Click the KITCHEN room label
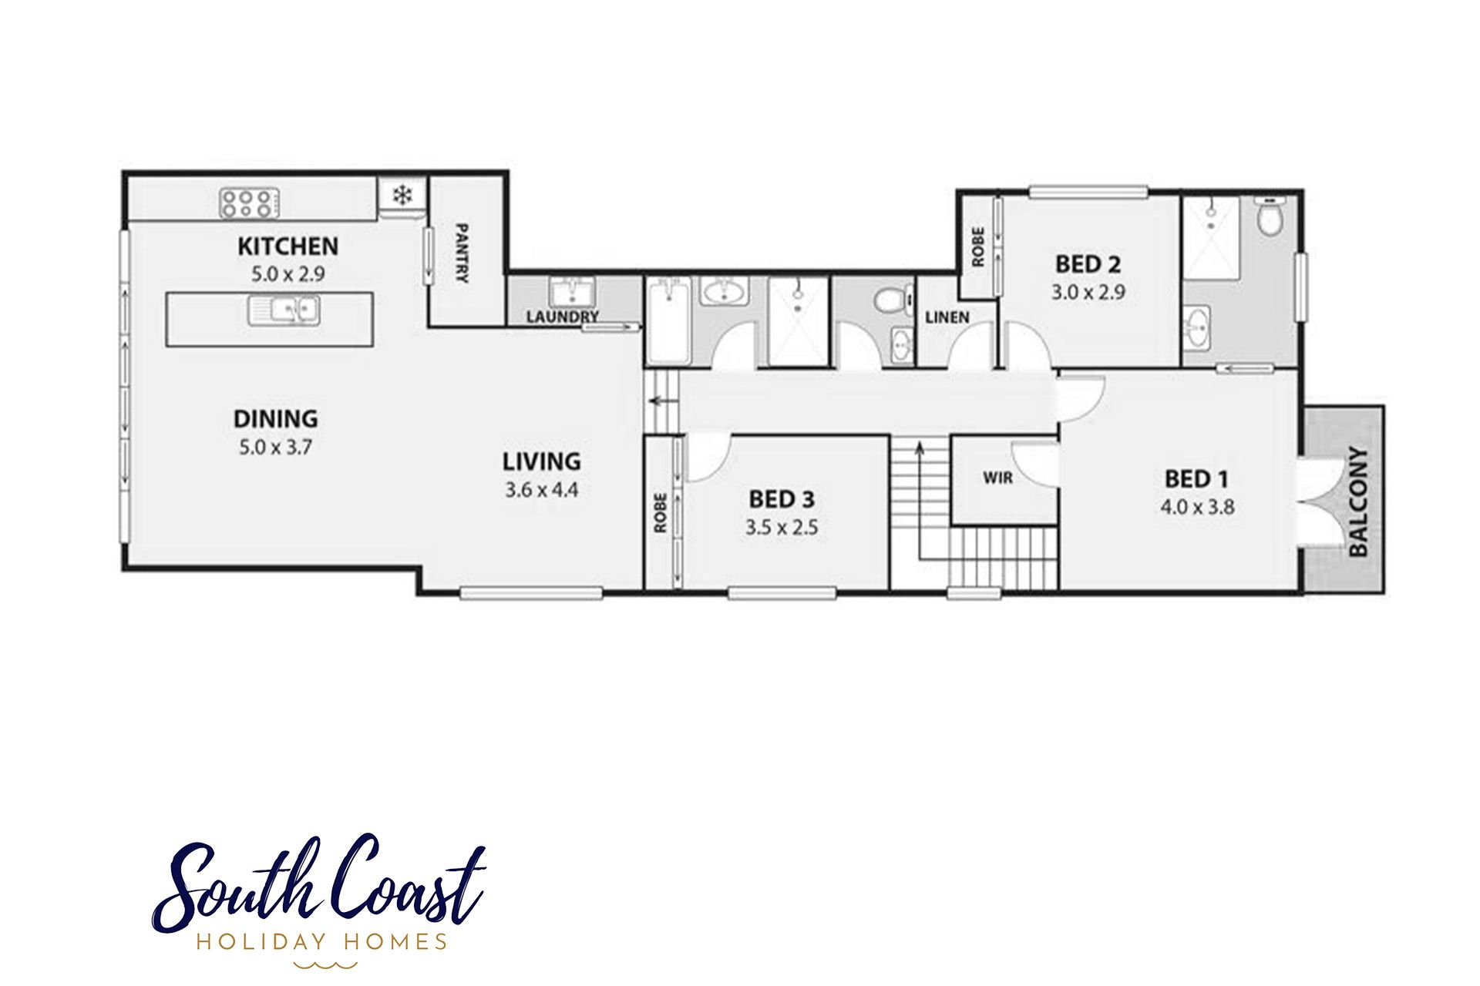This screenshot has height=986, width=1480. tap(288, 246)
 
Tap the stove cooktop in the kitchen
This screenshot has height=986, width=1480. tap(249, 203)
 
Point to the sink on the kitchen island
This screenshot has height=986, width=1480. tap(284, 310)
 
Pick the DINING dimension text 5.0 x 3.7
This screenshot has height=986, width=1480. tap(275, 447)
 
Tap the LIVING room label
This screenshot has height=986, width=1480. tap(542, 461)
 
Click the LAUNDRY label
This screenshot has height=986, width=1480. tap(563, 317)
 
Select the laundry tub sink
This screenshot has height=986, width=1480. tap(570, 292)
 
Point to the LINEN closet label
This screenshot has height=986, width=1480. tap(947, 317)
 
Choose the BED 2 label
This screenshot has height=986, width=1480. tap(1088, 264)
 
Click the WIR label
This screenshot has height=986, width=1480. tap(997, 478)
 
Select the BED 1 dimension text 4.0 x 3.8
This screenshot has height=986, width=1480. tap(1197, 507)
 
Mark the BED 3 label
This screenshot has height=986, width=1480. tap(782, 499)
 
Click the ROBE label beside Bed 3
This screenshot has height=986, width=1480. tap(660, 513)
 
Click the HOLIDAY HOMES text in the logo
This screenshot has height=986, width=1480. tap(322, 941)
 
